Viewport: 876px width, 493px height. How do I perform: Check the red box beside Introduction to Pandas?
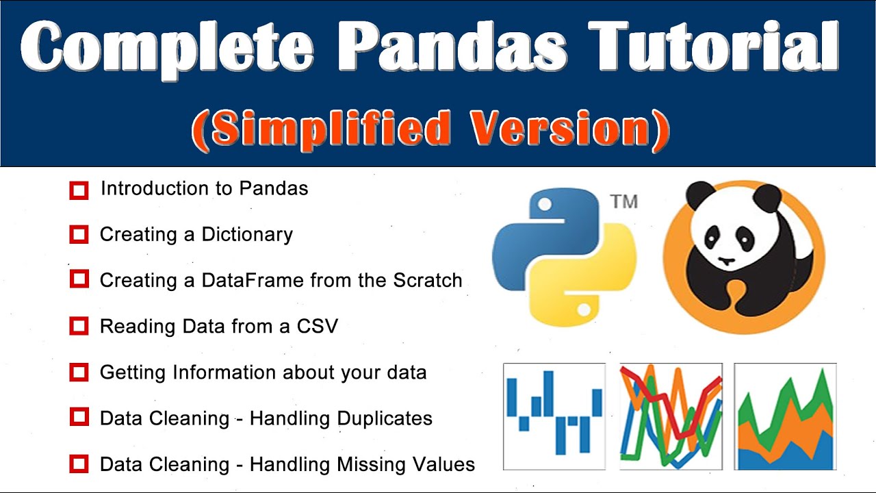point(79,190)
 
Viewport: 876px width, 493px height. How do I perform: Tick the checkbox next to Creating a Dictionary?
point(79,235)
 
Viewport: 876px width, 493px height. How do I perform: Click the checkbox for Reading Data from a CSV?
point(79,326)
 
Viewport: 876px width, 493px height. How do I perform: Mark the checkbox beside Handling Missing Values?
point(79,464)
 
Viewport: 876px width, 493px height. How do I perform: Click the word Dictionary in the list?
point(247,235)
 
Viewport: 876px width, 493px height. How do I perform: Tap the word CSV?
point(318,326)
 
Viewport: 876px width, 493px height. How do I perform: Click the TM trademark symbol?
point(623,202)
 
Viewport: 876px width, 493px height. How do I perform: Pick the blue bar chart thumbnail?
point(554,416)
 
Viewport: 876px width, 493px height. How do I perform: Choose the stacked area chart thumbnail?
point(785,416)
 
